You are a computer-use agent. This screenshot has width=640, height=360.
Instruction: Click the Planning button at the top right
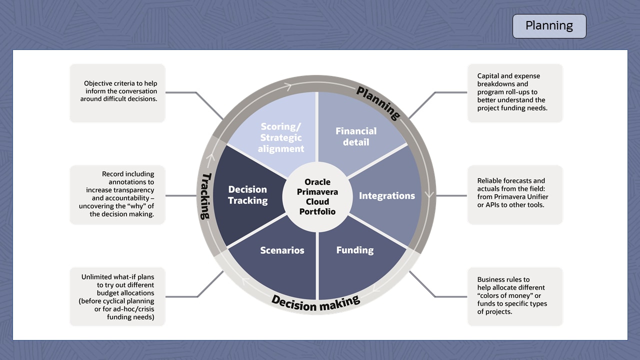549,26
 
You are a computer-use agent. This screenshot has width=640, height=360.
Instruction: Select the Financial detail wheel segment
356,136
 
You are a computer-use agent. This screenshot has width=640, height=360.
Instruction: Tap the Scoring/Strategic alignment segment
280,137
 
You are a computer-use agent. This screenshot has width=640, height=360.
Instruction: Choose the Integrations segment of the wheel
387,195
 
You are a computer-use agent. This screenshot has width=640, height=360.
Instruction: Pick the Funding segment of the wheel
355,250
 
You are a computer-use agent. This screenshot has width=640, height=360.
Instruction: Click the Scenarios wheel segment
282,250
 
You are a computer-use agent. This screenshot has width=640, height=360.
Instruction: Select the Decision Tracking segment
248,195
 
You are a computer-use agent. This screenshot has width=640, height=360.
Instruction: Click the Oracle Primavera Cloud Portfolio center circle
317,196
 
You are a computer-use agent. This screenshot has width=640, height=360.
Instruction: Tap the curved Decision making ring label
315,302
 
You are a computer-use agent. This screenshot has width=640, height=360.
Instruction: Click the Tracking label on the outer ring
205,195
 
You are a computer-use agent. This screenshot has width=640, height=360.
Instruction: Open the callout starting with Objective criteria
117,93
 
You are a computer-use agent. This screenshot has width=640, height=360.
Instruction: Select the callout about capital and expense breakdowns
515,93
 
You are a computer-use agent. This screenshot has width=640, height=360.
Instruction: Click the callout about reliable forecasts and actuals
515,194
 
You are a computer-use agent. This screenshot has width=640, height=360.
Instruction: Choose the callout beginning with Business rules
515,296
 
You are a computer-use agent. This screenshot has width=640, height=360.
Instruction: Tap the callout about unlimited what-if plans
117,296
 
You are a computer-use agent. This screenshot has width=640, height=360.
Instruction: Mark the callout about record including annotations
117,194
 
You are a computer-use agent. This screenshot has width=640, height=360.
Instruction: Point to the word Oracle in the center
317,182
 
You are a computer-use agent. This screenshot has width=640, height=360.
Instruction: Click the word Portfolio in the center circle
317,211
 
